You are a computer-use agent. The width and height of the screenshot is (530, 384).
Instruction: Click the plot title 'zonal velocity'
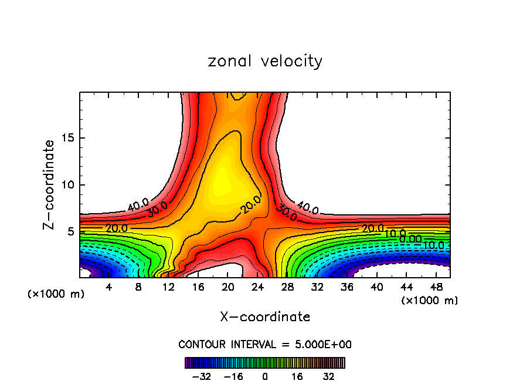[265, 61]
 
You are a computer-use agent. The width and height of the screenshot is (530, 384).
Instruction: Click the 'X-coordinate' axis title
[265, 317]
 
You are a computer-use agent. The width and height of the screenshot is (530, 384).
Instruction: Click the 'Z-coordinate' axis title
[50, 184]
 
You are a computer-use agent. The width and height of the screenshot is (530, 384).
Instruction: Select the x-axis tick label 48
[437, 287]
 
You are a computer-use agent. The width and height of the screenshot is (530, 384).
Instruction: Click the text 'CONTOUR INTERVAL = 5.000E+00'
[265, 344]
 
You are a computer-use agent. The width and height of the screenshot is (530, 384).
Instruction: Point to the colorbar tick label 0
[265, 376]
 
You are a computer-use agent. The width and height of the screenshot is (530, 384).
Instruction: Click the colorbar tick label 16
[297, 376]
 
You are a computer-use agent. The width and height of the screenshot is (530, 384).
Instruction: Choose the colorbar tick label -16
[233, 376]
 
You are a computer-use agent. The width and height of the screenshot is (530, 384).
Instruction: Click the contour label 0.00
[410, 238]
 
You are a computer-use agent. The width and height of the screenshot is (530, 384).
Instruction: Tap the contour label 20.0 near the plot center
[251, 205]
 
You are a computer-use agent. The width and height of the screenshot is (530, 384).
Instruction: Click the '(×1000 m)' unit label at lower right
[430, 301]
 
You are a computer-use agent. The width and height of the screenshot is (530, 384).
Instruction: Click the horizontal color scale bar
[265, 363]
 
